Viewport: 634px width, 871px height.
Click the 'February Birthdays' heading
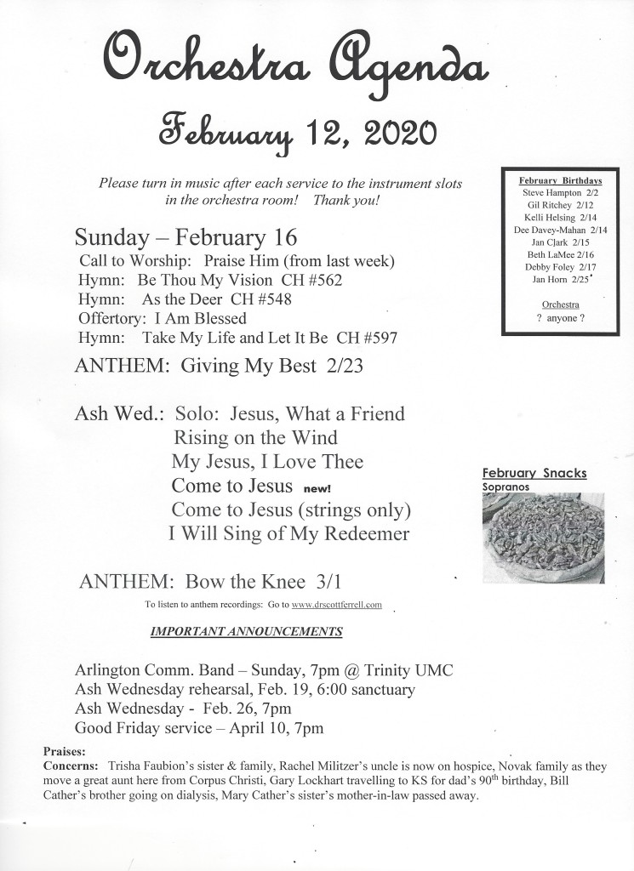click(x=561, y=181)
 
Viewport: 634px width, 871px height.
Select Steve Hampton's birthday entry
click(x=560, y=193)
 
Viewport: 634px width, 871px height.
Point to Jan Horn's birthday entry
click(x=560, y=279)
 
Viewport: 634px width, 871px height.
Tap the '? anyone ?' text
click(x=560, y=318)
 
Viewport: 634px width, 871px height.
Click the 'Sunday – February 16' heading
click(x=185, y=236)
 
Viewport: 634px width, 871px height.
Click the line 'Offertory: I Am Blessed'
click(x=162, y=318)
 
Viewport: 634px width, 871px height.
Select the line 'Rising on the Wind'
click(x=255, y=438)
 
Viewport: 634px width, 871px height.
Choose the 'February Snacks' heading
click(x=534, y=473)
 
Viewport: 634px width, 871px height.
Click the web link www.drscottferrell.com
click(x=337, y=605)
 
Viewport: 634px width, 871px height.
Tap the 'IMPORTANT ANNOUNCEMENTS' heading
click(x=247, y=632)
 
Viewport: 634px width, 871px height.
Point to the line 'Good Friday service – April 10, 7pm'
click(x=199, y=728)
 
